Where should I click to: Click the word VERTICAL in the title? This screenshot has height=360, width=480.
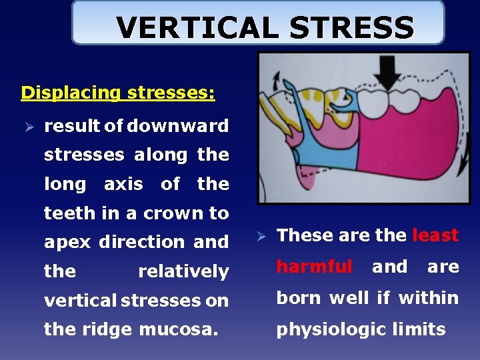coord(193,28)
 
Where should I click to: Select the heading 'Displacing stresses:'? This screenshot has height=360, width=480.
coord(118,92)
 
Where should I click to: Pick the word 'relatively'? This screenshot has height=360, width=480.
coord(183,271)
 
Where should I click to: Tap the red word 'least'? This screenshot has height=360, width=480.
coord(435,235)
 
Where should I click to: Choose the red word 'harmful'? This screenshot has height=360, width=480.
coord(314,267)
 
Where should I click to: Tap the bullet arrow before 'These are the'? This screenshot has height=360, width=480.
coord(262,236)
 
